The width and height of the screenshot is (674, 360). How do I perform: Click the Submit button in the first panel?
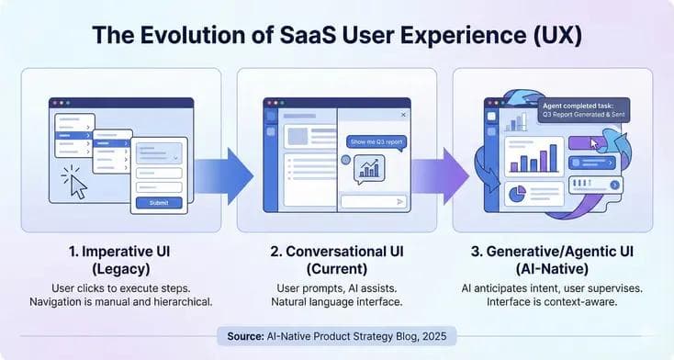pyautogui.click(x=159, y=203)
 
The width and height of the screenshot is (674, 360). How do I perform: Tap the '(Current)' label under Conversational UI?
pyautogui.click(x=335, y=267)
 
